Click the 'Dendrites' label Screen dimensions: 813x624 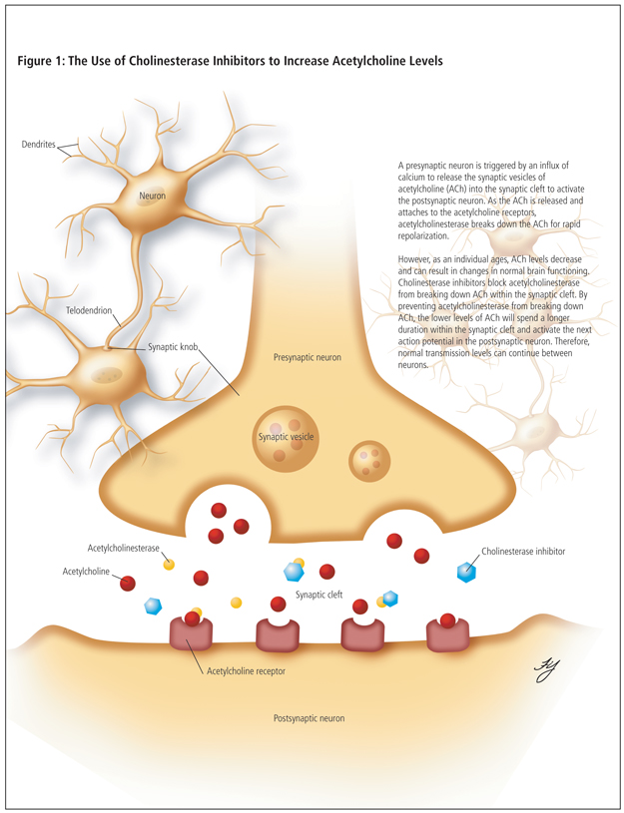[x=39, y=145]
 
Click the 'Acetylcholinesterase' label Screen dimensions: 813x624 [x=124, y=548]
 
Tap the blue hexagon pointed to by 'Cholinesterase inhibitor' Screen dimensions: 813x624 [x=466, y=572]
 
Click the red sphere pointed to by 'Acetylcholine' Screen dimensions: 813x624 [x=128, y=583]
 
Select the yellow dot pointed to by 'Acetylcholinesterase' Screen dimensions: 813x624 [x=169, y=565]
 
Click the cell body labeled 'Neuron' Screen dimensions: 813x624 [x=152, y=196]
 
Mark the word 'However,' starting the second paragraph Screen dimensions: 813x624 [x=417, y=258]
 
